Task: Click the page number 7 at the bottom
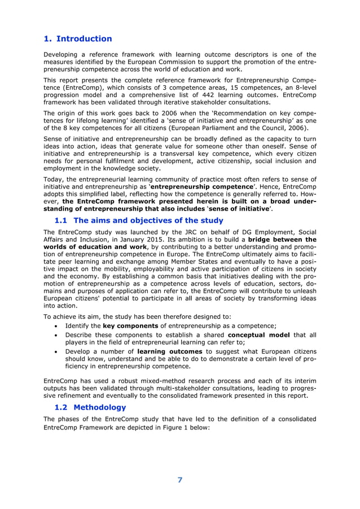[x=180, y=480]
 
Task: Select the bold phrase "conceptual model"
[x=266, y=335]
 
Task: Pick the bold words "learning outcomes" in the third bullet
[x=170, y=352]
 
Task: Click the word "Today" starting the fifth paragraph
[x=54, y=178]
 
